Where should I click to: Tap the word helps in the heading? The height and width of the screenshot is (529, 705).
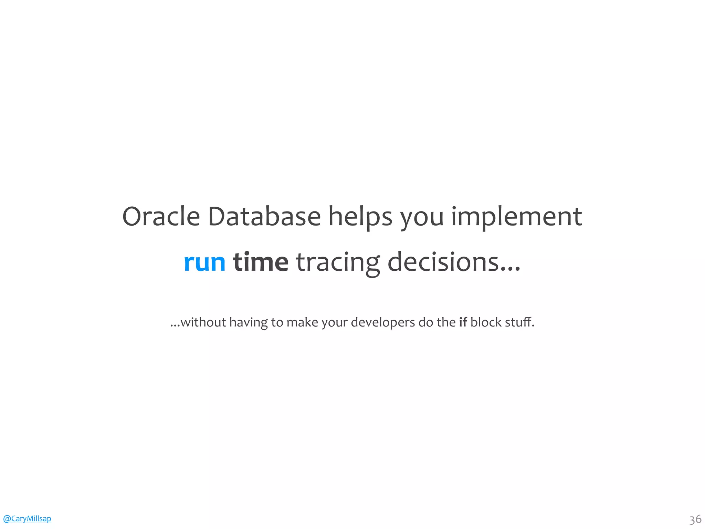[x=360, y=217]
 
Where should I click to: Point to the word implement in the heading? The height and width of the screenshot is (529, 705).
[x=516, y=217]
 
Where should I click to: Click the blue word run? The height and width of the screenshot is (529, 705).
[x=204, y=262]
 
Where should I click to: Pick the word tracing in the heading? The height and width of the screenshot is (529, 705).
[x=338, y=262]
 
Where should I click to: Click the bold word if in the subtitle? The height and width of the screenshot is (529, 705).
[x=463, y=322]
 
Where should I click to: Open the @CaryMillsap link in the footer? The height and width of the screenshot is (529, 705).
[x=27, y=518]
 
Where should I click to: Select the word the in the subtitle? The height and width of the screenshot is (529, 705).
[x=446, y=322]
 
